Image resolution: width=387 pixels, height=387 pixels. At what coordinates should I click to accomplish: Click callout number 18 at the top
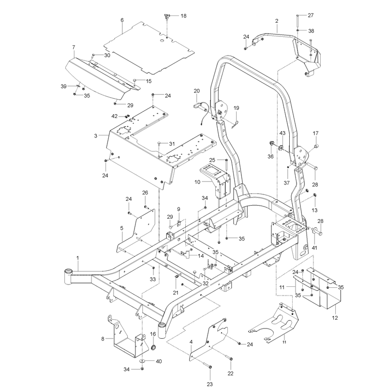[183, 16]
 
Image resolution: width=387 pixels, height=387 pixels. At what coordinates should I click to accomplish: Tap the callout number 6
[122, 20]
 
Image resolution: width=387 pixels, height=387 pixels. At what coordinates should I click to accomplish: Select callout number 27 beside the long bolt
[311, 15]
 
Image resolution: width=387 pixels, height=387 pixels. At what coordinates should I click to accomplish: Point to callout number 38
[311, 31]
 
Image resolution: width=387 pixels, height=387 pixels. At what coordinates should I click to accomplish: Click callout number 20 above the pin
[196, 91]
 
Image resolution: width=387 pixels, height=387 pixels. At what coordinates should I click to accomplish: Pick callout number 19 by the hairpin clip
[236, 108]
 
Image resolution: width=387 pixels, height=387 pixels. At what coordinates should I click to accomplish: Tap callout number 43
[283, 133]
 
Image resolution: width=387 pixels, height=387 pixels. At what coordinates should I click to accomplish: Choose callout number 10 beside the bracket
[197, 182]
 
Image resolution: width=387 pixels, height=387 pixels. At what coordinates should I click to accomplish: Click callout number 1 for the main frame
[78, 258]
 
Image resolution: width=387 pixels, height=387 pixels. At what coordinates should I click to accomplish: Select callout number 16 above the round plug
[153, 334]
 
